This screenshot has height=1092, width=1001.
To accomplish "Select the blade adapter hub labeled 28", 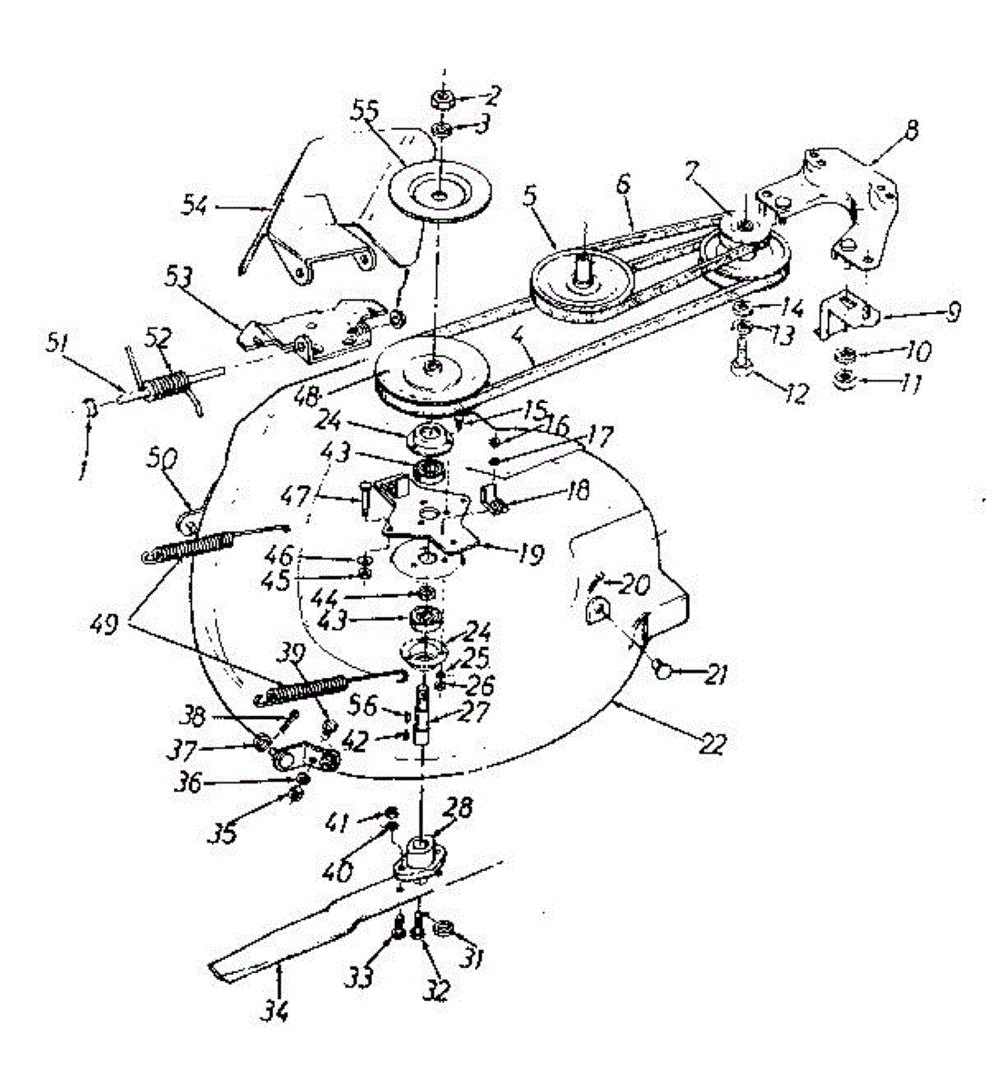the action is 421,856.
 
